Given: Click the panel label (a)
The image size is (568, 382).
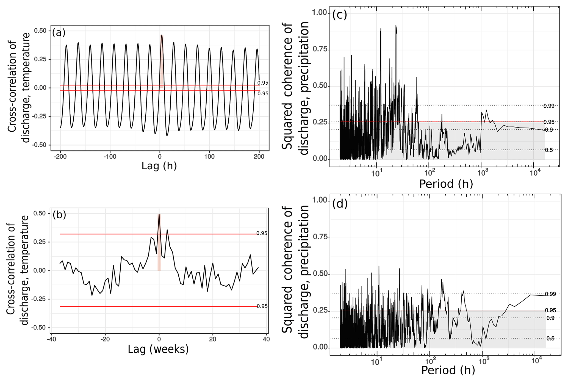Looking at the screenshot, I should coord(59,32).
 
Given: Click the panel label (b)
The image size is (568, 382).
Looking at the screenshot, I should coord(59,215).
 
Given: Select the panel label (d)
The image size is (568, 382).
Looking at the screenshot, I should coord(340,204).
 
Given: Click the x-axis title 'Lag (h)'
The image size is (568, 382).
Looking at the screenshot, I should coord(159,166).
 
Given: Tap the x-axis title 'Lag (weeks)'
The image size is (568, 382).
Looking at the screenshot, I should coord(158,349).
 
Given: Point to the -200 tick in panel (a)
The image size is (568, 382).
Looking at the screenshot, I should coord(60,157).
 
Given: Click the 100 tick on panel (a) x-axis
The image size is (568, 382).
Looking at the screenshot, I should coord(209,157).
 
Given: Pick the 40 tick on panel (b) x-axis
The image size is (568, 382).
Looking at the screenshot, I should coord(266,339).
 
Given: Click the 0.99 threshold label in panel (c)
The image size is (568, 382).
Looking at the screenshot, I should coord(549,106).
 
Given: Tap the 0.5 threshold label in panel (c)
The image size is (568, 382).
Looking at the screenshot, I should coord(549,150).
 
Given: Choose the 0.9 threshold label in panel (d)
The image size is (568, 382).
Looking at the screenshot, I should coord(550,318).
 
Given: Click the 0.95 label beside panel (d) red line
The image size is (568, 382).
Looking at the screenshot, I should coord(550,310).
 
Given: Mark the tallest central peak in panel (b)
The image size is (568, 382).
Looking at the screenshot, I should coord(159,214).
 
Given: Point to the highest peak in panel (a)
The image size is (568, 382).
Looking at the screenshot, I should coord(162,35).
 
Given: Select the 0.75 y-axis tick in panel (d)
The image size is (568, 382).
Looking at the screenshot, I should coord(320,237).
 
